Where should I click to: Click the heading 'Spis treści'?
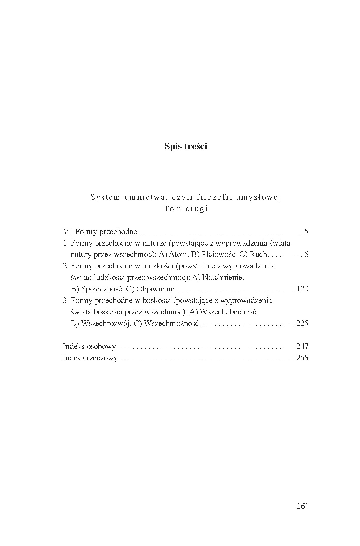pyautogui.click(x=186, y=146)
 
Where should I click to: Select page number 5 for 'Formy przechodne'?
pyautogui.click(x=306, y=232)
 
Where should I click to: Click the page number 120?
pyautogui.click(x=302, y=289)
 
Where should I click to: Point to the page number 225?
pyautogui.click(x=302, y=323)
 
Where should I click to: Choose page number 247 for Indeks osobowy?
pyautogui.click(x=302, y=346)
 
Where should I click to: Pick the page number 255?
pyautogui.click(x=302, y=358)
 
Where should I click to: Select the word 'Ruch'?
pyautogui.click(x=259, y=255)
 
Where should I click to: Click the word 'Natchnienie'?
pyautogui.click(x=223, y=278)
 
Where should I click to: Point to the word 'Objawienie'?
pyautogui.click(x=155, y=289)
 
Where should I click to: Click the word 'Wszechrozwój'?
pyautogui.click(x=106, y=324)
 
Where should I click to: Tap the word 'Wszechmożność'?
pyautogui.click(x=171, y=324)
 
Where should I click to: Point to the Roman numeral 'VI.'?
pyautogui.click(x=68, y=232)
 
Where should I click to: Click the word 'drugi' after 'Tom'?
pyautogui.click(x=197, y=209)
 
